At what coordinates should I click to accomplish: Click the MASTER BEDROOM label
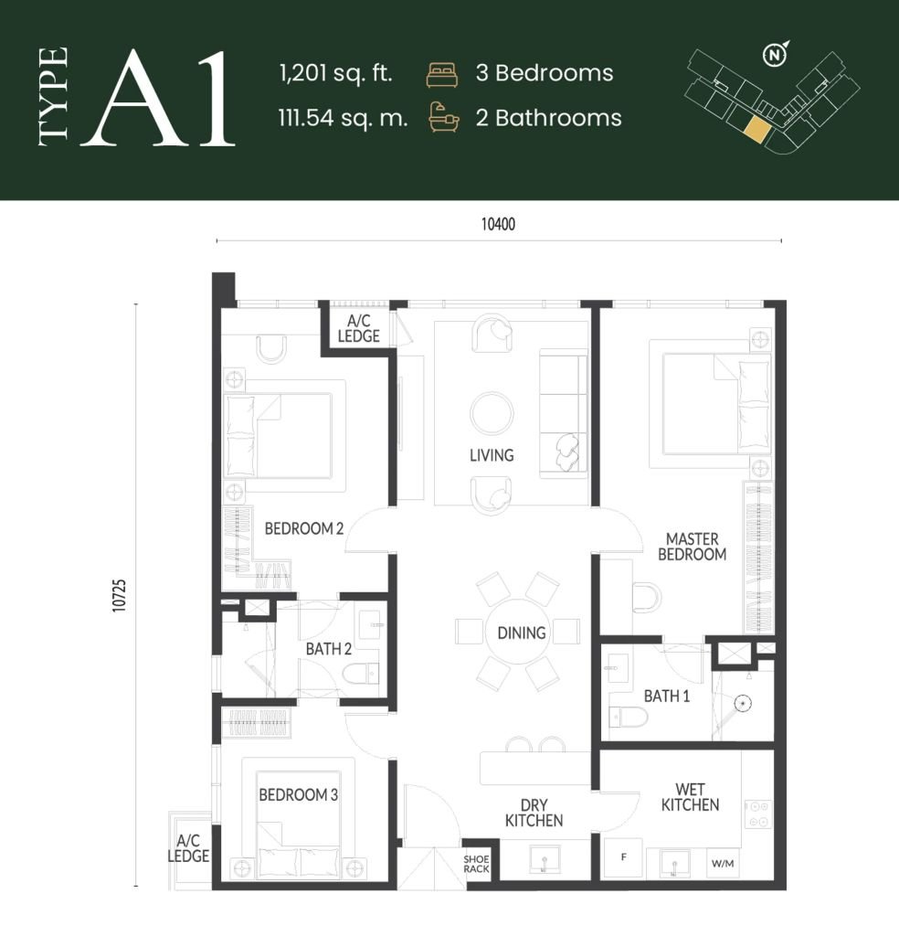692,547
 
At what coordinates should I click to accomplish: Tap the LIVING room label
492,455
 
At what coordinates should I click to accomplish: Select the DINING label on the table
521,632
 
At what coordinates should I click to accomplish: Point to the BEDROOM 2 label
303,528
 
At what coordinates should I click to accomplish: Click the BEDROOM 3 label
299,795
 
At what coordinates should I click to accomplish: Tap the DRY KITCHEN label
534,813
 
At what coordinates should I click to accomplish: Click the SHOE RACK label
476,864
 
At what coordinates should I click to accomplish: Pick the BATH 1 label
667,697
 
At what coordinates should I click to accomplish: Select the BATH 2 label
329,650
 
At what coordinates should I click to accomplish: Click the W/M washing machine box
722,862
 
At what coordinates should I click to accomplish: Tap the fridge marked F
624,858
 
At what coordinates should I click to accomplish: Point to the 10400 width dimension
499,225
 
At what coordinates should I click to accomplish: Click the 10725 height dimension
120,596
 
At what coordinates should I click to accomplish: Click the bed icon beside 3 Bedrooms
440,75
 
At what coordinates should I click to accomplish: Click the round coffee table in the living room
492,412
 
